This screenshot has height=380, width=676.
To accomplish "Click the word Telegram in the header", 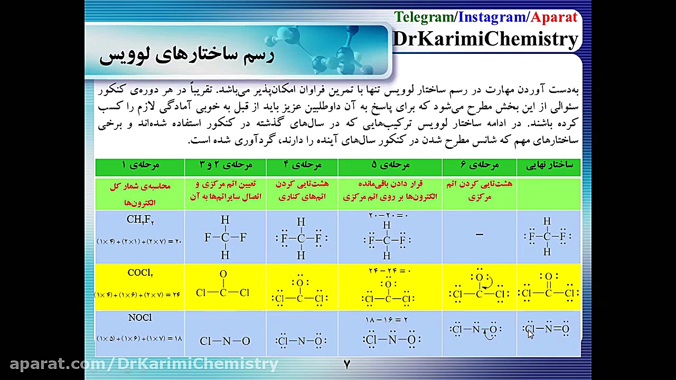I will pos(424,17).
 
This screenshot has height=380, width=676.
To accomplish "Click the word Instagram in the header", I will pos(492,17).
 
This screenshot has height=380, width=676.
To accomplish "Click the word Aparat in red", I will pos(554,17).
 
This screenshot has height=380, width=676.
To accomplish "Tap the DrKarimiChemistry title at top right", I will pos(485,39).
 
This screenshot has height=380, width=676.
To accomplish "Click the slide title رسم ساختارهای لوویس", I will pos(186,54).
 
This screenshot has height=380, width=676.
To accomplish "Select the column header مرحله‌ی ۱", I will pos(140,165).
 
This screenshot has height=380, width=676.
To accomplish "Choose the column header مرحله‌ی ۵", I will pos(390,165).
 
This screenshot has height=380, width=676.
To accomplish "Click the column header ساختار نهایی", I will pos(549,165).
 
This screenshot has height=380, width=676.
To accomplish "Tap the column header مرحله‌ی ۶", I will pos(480,165).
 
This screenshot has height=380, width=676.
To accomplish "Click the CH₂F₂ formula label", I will pos(140,220).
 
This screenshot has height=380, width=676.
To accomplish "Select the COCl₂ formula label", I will pos(140,273).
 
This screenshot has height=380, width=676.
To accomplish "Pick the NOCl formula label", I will pos(140,318).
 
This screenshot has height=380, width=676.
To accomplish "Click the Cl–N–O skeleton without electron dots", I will pos(225,341).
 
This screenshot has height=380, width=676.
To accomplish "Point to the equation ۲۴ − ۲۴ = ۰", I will pos(389,271).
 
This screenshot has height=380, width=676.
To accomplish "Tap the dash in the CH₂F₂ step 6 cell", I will pos(479,235).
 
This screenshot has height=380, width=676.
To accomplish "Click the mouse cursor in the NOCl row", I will pos(530,333).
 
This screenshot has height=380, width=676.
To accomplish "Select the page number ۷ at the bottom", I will pos(347,364).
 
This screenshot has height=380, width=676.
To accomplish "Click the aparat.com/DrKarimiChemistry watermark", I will pos(144,364).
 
